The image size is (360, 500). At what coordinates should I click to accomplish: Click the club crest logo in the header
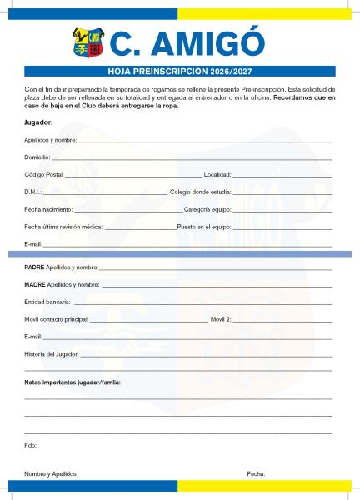click(88, 42)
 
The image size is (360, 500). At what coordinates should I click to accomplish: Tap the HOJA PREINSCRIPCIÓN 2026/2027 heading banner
click(180, 72)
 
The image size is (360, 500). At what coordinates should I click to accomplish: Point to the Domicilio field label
click(37, 157)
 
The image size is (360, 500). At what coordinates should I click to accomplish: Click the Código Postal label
click(44, 174)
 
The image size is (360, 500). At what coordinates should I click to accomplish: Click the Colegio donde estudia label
click(200, 192)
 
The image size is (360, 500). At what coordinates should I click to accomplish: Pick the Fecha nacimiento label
click(48, 209)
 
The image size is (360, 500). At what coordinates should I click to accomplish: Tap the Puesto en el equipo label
click(203, 227)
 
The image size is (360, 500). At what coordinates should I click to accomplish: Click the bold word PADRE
click(34, 267)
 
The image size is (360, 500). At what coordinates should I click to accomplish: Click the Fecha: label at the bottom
click(256, 473)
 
